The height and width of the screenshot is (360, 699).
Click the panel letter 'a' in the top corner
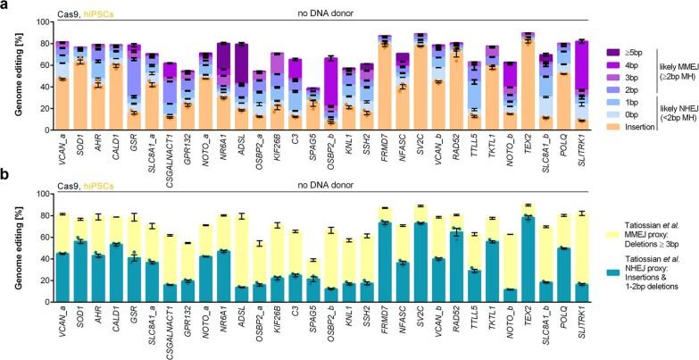pyautogui.click(x=5, y=6)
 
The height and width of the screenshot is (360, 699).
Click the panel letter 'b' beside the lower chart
pyautogui.click(x=5, y=187)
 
